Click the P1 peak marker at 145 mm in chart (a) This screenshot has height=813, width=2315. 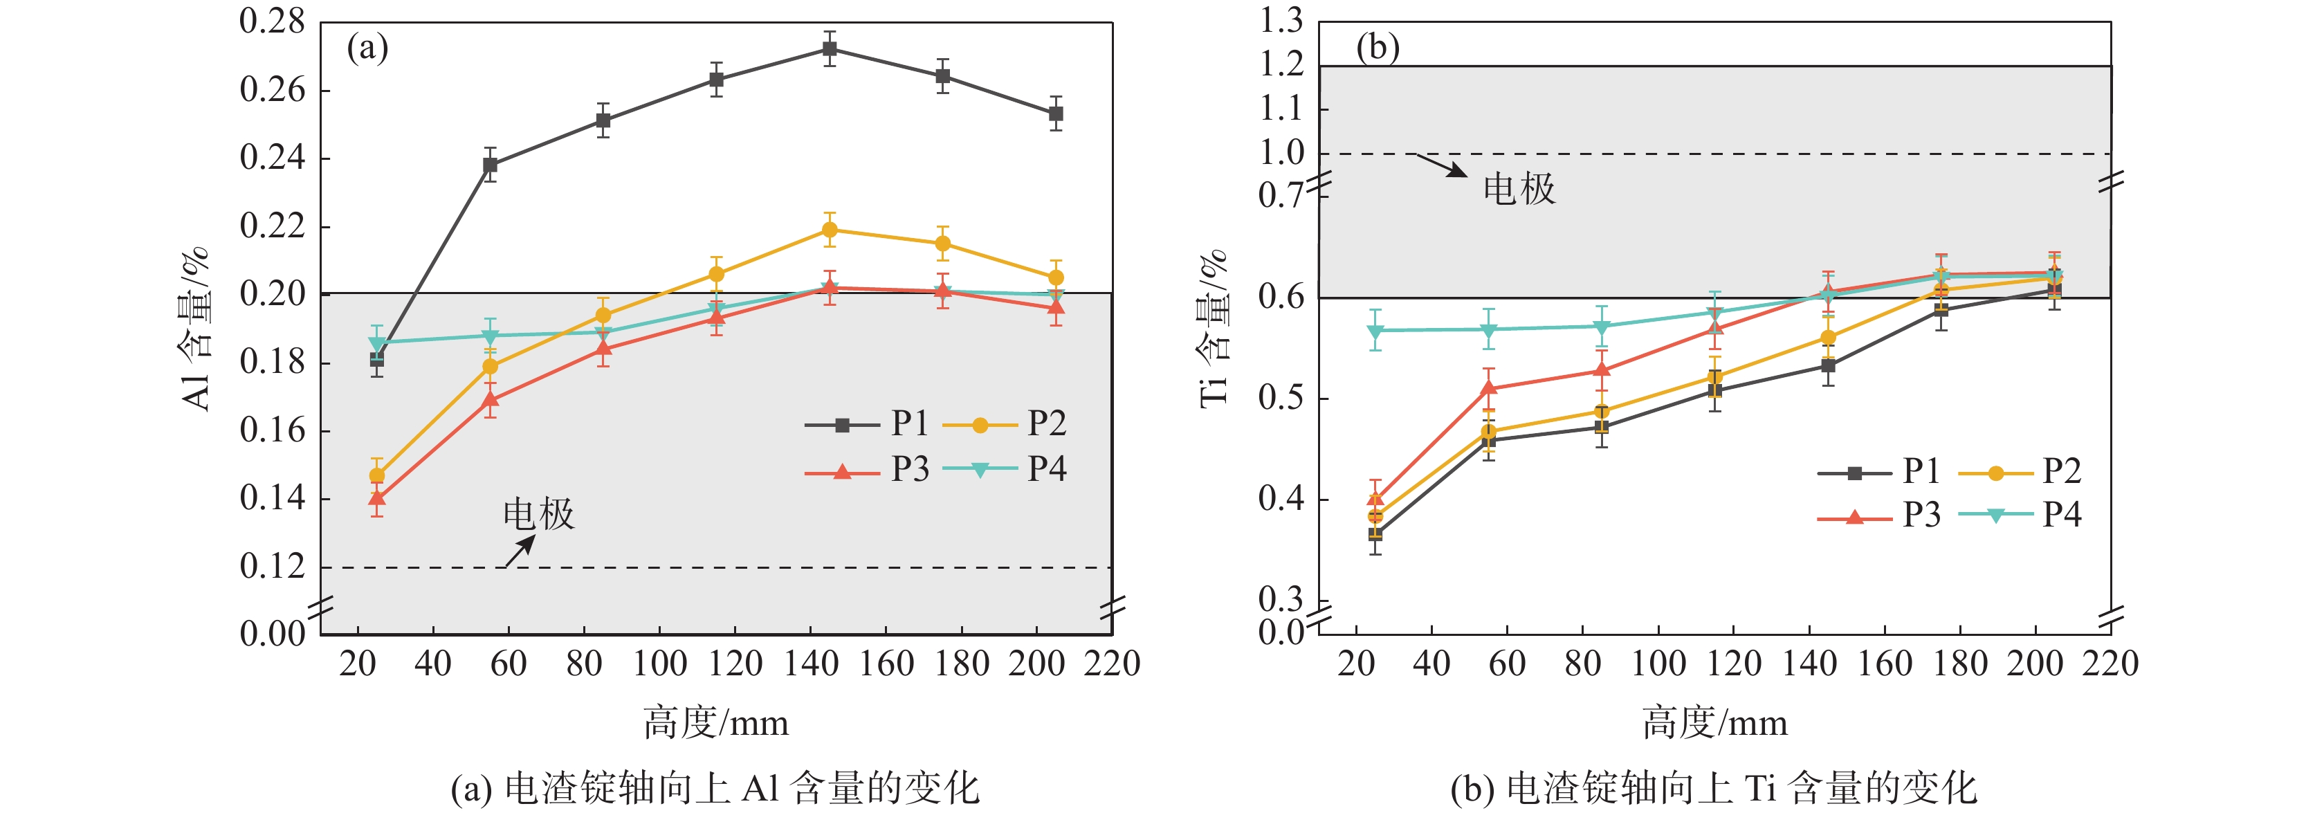pos(830,48)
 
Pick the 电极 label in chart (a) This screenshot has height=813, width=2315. pos(538,515)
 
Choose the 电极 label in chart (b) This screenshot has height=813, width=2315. pos(1519,190)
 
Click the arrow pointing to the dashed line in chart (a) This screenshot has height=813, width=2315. pos(520,551)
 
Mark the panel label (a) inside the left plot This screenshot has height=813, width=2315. pos(367,48)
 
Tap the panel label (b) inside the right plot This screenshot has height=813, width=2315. pos(1378,48)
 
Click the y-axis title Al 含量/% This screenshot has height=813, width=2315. pos(196,329)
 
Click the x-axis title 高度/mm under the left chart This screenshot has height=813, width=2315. pos(715,723)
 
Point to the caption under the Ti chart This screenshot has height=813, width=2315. pos(1714,788)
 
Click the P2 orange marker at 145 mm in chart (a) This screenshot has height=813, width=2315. pos(830,230)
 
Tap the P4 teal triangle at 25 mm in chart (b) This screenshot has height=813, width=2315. pos(1375,331)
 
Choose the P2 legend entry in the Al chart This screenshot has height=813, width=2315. pos(1005,424)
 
